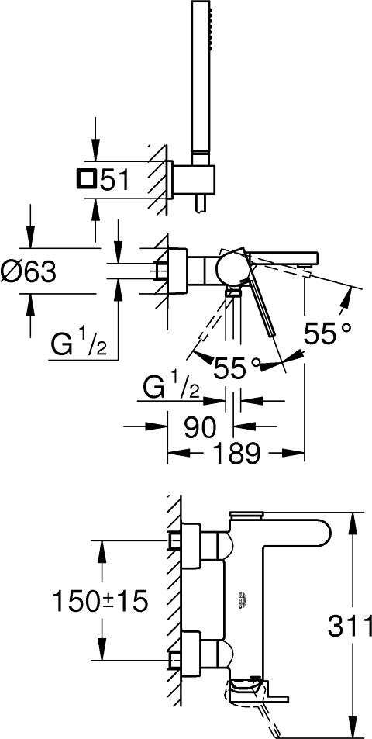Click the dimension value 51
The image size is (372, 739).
point(114,180)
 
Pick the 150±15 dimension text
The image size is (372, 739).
point(100,602)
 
